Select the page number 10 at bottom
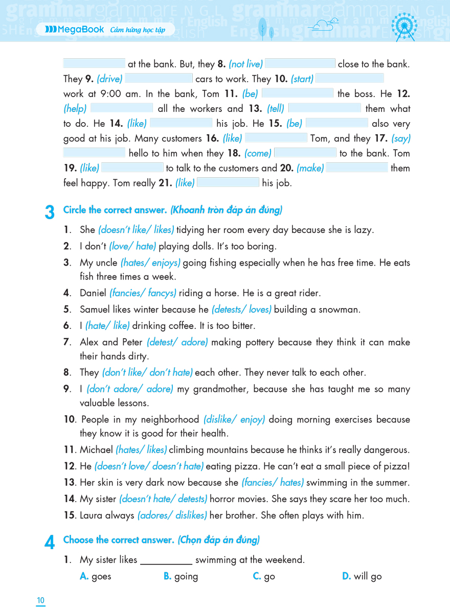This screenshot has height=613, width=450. (x=41, y=600)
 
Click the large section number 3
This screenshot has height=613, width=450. (x=50, y=212)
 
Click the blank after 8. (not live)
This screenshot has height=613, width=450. (x=300, y=64)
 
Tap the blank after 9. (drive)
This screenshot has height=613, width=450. (x=159, y=79)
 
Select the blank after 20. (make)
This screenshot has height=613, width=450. (x=357, y=168)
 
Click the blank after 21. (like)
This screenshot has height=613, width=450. (x=228, y=183)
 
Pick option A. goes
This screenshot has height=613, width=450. (x=96, y=576)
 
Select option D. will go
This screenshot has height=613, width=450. (x=362, y=576)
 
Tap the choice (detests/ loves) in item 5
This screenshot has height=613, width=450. (x=241, y=310)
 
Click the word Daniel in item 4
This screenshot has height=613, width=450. (x=93, y=293)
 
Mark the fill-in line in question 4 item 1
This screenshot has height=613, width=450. (x=166, y=561)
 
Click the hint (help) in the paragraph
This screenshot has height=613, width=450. (x=75, y=109)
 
